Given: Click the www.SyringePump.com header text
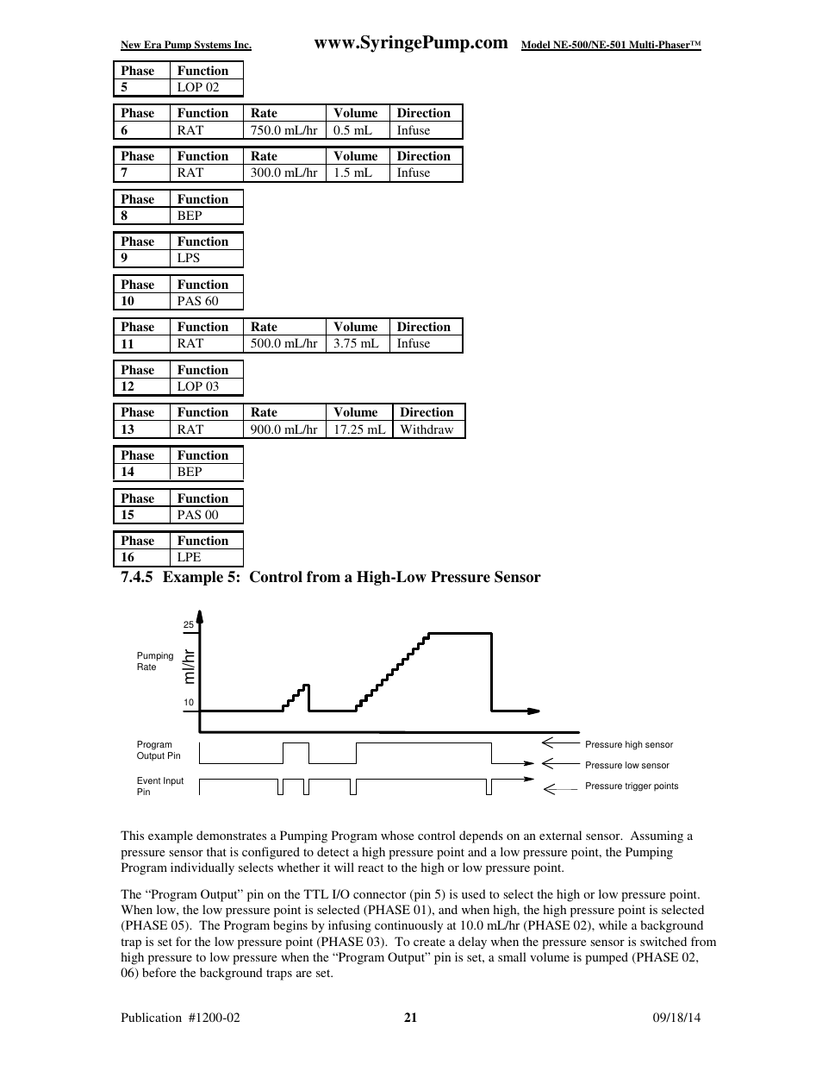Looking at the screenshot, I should [x=411, y=43].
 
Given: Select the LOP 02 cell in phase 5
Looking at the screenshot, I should [x=198, y=87].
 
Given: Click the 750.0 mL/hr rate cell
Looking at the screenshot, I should [x=283, y=130].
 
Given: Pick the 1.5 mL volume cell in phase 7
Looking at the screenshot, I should [x=352, y=172].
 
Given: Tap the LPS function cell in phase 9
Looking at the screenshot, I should [x=189, y=258].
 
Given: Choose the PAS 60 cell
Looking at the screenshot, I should [x=197, y=301].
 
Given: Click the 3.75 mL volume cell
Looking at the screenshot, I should [x=356, y=343].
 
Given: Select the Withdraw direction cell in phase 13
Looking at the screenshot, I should [x=427, y=429].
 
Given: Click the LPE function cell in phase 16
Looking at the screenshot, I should [x=189, y=557].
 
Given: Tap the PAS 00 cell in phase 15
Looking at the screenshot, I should [x=197, y=515].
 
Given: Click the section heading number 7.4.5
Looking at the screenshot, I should [x=136, y=578].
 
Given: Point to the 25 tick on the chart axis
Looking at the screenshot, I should [x=189, y=624].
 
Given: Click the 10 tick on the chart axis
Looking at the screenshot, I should [x=189, y=703].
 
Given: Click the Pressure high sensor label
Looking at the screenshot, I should [x=628, y=745].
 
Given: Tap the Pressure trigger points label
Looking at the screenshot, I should [x=631, y=786].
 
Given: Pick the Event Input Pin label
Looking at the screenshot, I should [x=159, y=786].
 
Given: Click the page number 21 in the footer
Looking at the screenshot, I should [x=410, y=1018].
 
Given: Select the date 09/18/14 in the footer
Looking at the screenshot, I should [x=676, y=1018].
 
